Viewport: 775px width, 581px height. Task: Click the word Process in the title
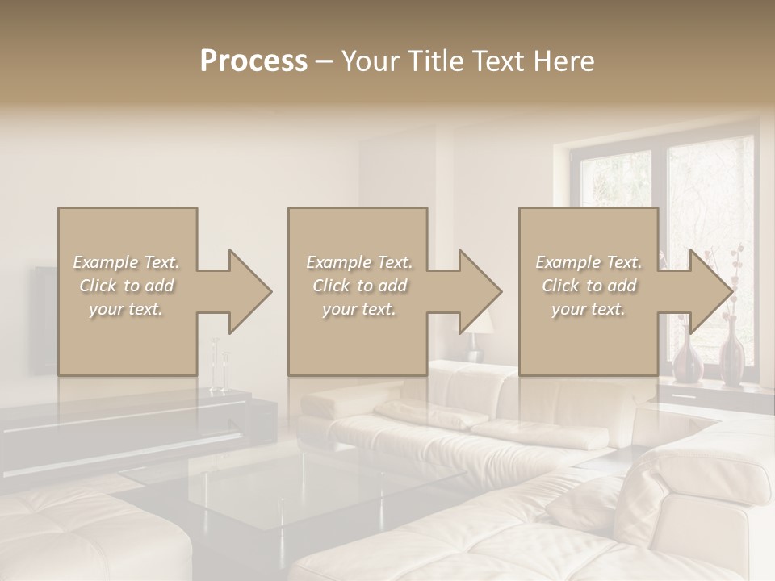(253, 61)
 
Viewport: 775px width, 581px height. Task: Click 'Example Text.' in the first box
(127, 262)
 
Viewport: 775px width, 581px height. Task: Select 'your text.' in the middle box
(358, 309)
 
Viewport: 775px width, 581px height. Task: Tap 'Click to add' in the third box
(589, 286)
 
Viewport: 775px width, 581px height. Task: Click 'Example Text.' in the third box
(589, 262)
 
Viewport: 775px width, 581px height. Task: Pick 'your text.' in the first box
(127, 309)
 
